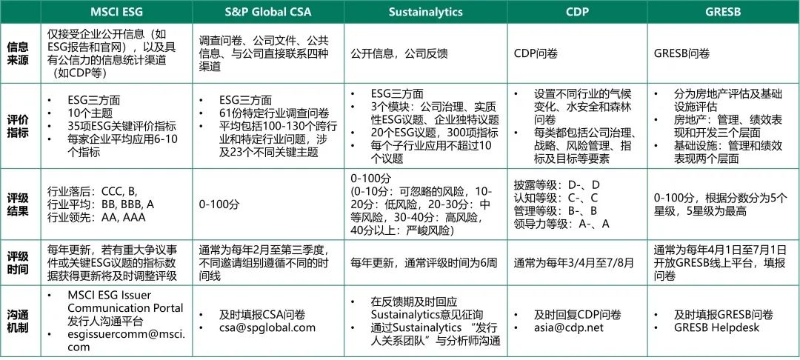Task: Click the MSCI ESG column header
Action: click(x=117, y=12)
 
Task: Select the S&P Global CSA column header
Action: click(x=268, y=12)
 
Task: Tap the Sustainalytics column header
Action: click(x=425, y=12)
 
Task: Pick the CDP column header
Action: click(x=577, y=12)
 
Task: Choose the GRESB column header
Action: click(x=724, y=12)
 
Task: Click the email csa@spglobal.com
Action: click(x=267, y=328)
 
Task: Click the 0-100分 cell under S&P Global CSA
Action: click(x=219, y=204)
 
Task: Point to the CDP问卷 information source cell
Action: click(x=536, y=53)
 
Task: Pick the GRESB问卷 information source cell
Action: click(x=681, y=53)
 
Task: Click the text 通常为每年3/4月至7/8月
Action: click(x=574, y=263)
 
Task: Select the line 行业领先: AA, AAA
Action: click(x=96, y=218)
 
